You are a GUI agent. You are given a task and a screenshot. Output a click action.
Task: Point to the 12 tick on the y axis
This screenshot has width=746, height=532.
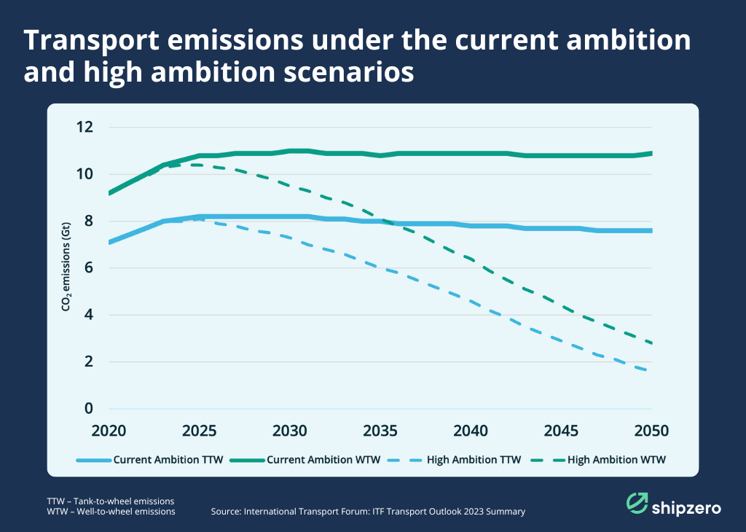click(85, 128)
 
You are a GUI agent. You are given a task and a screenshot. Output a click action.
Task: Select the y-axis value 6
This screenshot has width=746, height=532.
click(89, 268)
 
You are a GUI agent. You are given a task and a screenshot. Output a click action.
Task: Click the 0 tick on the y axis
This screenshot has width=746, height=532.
click(89, 409)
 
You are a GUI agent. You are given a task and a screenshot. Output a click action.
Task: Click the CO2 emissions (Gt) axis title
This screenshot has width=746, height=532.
click(66, 267)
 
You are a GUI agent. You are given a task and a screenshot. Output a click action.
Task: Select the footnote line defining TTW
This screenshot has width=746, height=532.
click(111, 501)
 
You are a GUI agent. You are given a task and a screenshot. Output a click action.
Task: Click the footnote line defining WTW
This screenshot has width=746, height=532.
click(111, 512)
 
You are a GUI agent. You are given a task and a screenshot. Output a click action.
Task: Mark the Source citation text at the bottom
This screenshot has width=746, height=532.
click(368, 512)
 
